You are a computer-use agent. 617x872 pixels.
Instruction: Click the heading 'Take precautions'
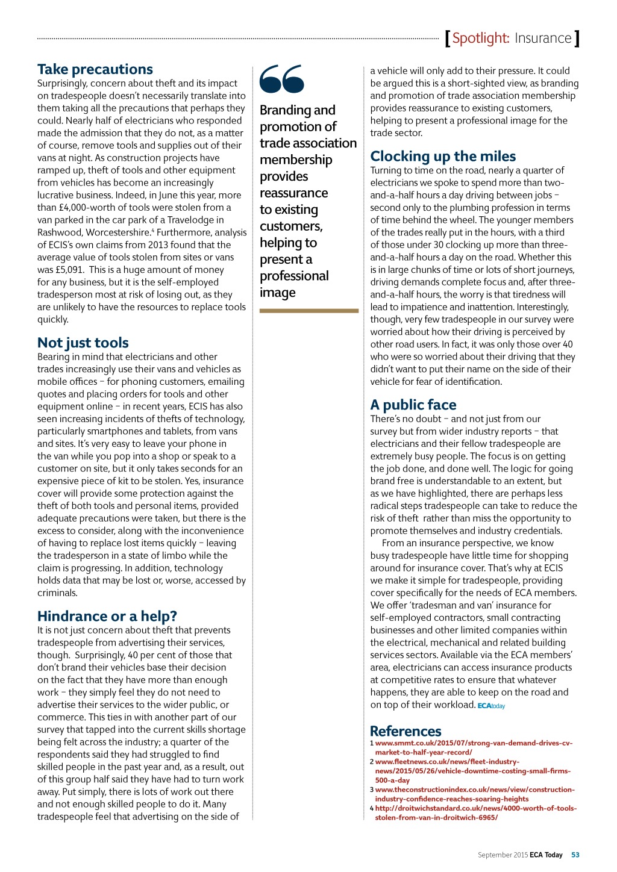click(x=95, y=69)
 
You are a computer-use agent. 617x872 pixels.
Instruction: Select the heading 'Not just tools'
click(x=83, y=343)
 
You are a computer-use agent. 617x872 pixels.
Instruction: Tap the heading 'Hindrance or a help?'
click(x=107, y=616)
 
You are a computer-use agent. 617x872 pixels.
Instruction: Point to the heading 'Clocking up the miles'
click(x=443, y=157)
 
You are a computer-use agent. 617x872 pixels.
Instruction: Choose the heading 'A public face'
click(x=413, y=405)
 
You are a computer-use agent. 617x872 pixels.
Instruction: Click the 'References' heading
click(x=406, y=731)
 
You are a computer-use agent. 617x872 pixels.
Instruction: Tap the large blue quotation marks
click(x=282, y=79)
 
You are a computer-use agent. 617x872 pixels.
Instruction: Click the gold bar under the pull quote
click(x=308, y=311)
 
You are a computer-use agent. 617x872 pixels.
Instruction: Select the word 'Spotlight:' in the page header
click(x=481, y=39)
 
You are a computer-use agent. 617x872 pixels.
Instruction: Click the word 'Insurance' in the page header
click(x=543, y=39)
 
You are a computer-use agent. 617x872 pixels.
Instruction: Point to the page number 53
click(x=575, y=855)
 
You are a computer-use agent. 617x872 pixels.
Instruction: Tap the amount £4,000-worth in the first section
click(x=88, y=208)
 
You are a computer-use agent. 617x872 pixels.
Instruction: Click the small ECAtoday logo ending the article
click(x=491, y=706)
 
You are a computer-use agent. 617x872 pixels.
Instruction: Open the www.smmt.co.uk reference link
click(x=473, y=747)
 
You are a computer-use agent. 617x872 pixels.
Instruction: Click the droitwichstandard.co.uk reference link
click(x=475, y=812)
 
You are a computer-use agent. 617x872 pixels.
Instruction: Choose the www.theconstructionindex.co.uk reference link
click(x=474, y=794)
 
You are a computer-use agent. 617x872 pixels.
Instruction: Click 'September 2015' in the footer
click(x=503, y=855)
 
